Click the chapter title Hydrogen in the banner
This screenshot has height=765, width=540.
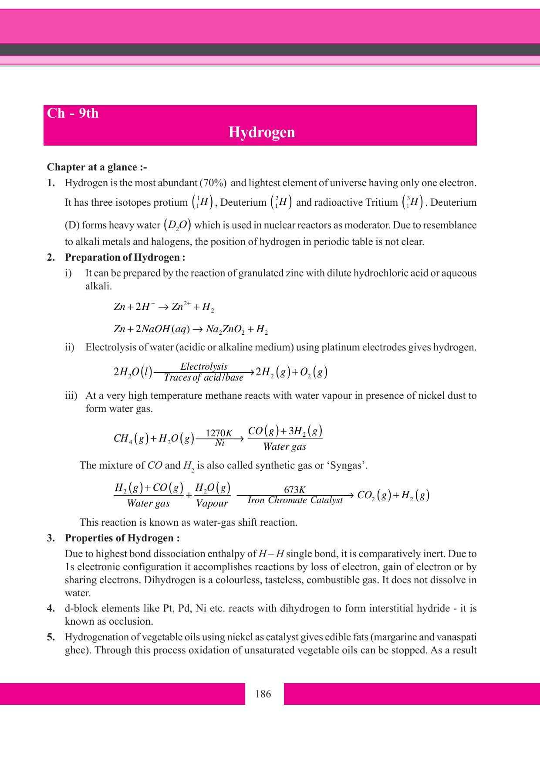click(x=262, y=133)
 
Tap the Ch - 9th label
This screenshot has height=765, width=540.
click(x=73, y=114)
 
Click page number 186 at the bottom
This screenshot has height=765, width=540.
click(x=263, y=694)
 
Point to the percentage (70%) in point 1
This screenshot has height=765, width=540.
click(x=213, y=183)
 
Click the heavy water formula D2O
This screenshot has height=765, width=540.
click(x=178, y=225)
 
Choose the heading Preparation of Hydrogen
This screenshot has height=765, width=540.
click(x=125, y=258)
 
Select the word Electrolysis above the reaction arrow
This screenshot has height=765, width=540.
click(x=204, y=366)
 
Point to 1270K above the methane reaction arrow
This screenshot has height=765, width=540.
click(x=219, y=433)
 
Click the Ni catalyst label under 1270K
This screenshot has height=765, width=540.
click(x=219, y=443)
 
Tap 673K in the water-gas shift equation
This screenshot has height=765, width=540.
click(x=294, y=490)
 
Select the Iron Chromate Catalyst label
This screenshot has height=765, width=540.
click(x=295, y=500)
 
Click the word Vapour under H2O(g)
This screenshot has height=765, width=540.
click(x=212, y=503)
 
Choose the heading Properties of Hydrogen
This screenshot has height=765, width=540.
click(x=122, y=538)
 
